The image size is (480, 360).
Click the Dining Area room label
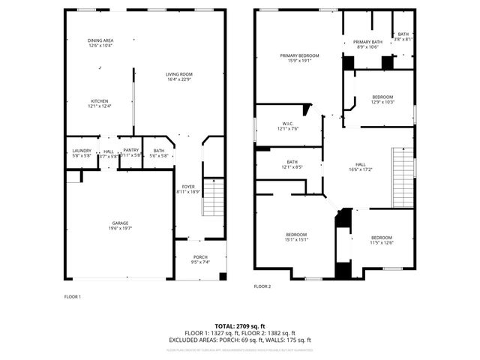point(100,43)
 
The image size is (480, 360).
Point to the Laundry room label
point(81,153)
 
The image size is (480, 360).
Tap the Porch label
point(200,259)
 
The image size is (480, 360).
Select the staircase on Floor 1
point(214,197)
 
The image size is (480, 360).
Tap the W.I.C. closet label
point(288,126)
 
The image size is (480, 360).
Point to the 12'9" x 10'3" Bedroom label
point(382,99)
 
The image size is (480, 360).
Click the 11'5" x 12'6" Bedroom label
point(381,239)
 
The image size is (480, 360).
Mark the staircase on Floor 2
point(403,178)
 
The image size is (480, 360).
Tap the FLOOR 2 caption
point(262,286)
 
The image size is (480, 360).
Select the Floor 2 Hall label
point(360,167)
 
